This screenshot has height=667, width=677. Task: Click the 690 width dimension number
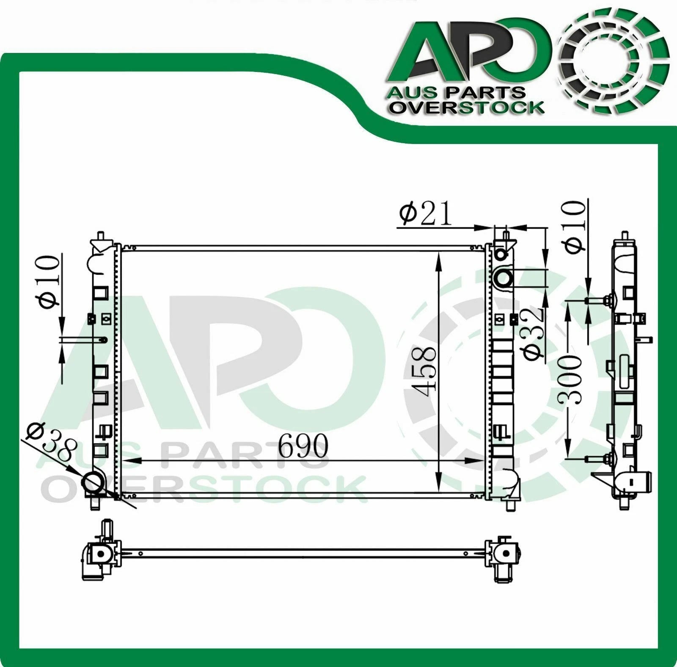pos(303,446)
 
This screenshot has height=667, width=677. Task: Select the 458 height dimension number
pos(423,371)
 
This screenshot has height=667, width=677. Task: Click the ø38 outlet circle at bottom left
pos(94,484)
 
